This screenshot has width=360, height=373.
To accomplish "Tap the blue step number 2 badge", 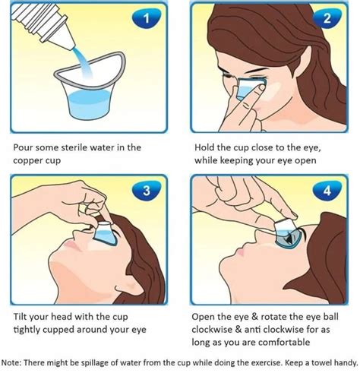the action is click(327, 17).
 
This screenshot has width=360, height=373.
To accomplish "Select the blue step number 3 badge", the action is click(147, 191).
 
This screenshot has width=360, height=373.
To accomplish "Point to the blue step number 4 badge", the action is click(327, 191).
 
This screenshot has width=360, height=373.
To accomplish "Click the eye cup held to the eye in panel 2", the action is click(249, 88).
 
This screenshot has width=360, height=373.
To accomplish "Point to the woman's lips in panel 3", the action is click(71, 245).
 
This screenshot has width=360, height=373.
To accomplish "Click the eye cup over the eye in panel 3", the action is click(105, 233).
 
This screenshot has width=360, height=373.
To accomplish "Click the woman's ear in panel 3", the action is click(128, 286).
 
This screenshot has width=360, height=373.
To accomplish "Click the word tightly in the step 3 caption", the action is click(27, 330).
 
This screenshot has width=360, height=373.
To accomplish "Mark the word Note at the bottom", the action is click(11, 362).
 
